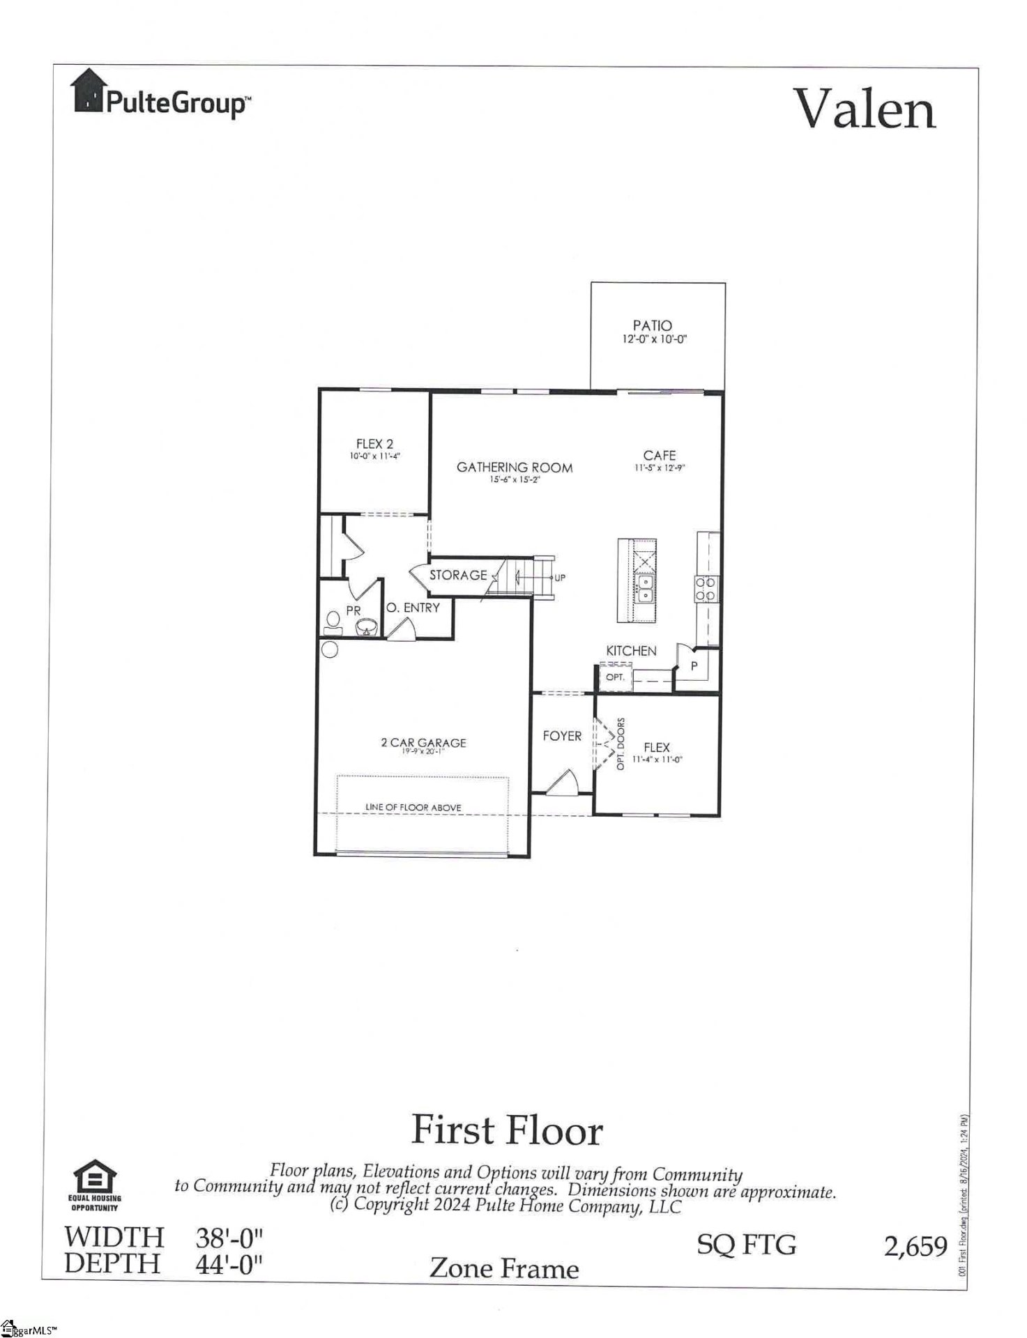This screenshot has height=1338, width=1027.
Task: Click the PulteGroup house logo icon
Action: tap(88, 90)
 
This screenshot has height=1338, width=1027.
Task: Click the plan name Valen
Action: tap(865, 109)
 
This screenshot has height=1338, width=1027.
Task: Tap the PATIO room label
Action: tap(652, 325)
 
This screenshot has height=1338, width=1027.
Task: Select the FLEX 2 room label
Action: tap(374, 444)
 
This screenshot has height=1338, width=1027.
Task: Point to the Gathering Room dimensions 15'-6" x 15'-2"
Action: tap(515, 479)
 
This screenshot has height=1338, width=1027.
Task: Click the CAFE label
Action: tap(659, 455)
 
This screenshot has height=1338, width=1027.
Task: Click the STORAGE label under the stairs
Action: tap(457, 575)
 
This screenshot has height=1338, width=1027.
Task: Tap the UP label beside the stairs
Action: tap(560, 578)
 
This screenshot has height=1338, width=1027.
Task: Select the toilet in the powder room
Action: tap(332, 622)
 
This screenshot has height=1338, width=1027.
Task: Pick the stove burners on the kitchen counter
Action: tap(705, 590)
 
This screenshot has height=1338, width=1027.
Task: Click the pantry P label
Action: tap(694, 666)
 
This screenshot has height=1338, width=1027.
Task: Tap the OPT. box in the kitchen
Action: tap(615, 677)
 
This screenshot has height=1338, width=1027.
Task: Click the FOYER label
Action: tap(562, 736)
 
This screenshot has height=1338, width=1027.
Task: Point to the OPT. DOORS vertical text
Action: tap(621, 744)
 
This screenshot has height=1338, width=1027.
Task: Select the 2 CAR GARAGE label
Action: tap(423, 743)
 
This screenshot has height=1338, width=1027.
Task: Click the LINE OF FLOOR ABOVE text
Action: tap(413, 807)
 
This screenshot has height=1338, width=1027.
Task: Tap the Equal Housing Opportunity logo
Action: tap(94, 1185)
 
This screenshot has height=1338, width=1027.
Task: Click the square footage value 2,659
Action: tap(915, 1247)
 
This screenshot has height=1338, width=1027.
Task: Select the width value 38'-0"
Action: tap(229, 1238)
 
